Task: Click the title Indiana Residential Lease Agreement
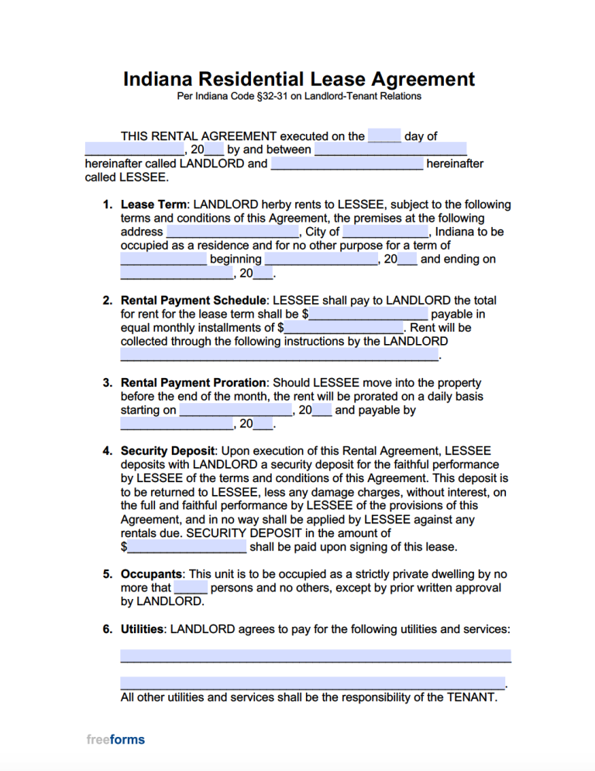click(x=298, y=79)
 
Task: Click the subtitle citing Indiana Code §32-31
click(x=298, y=97)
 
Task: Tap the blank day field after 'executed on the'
click(x=384, y=136)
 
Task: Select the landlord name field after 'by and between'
click(x=390, y=150)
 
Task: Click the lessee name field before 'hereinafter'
click(x=347, y=163)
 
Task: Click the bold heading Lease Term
click(x=153, y=205)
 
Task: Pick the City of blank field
click(x=385, y=232)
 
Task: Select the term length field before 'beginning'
click(x=163, y=260)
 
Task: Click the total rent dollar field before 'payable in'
click(x=368, y=314)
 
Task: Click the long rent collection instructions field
click(x=280, y=355)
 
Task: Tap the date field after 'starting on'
click(x=236, y=410)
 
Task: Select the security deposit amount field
click(x=187, y=547)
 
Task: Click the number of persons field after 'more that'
click(x=191, y=588)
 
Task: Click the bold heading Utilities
click(x=142, y=629)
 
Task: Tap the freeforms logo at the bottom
click(x=115, y=739)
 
